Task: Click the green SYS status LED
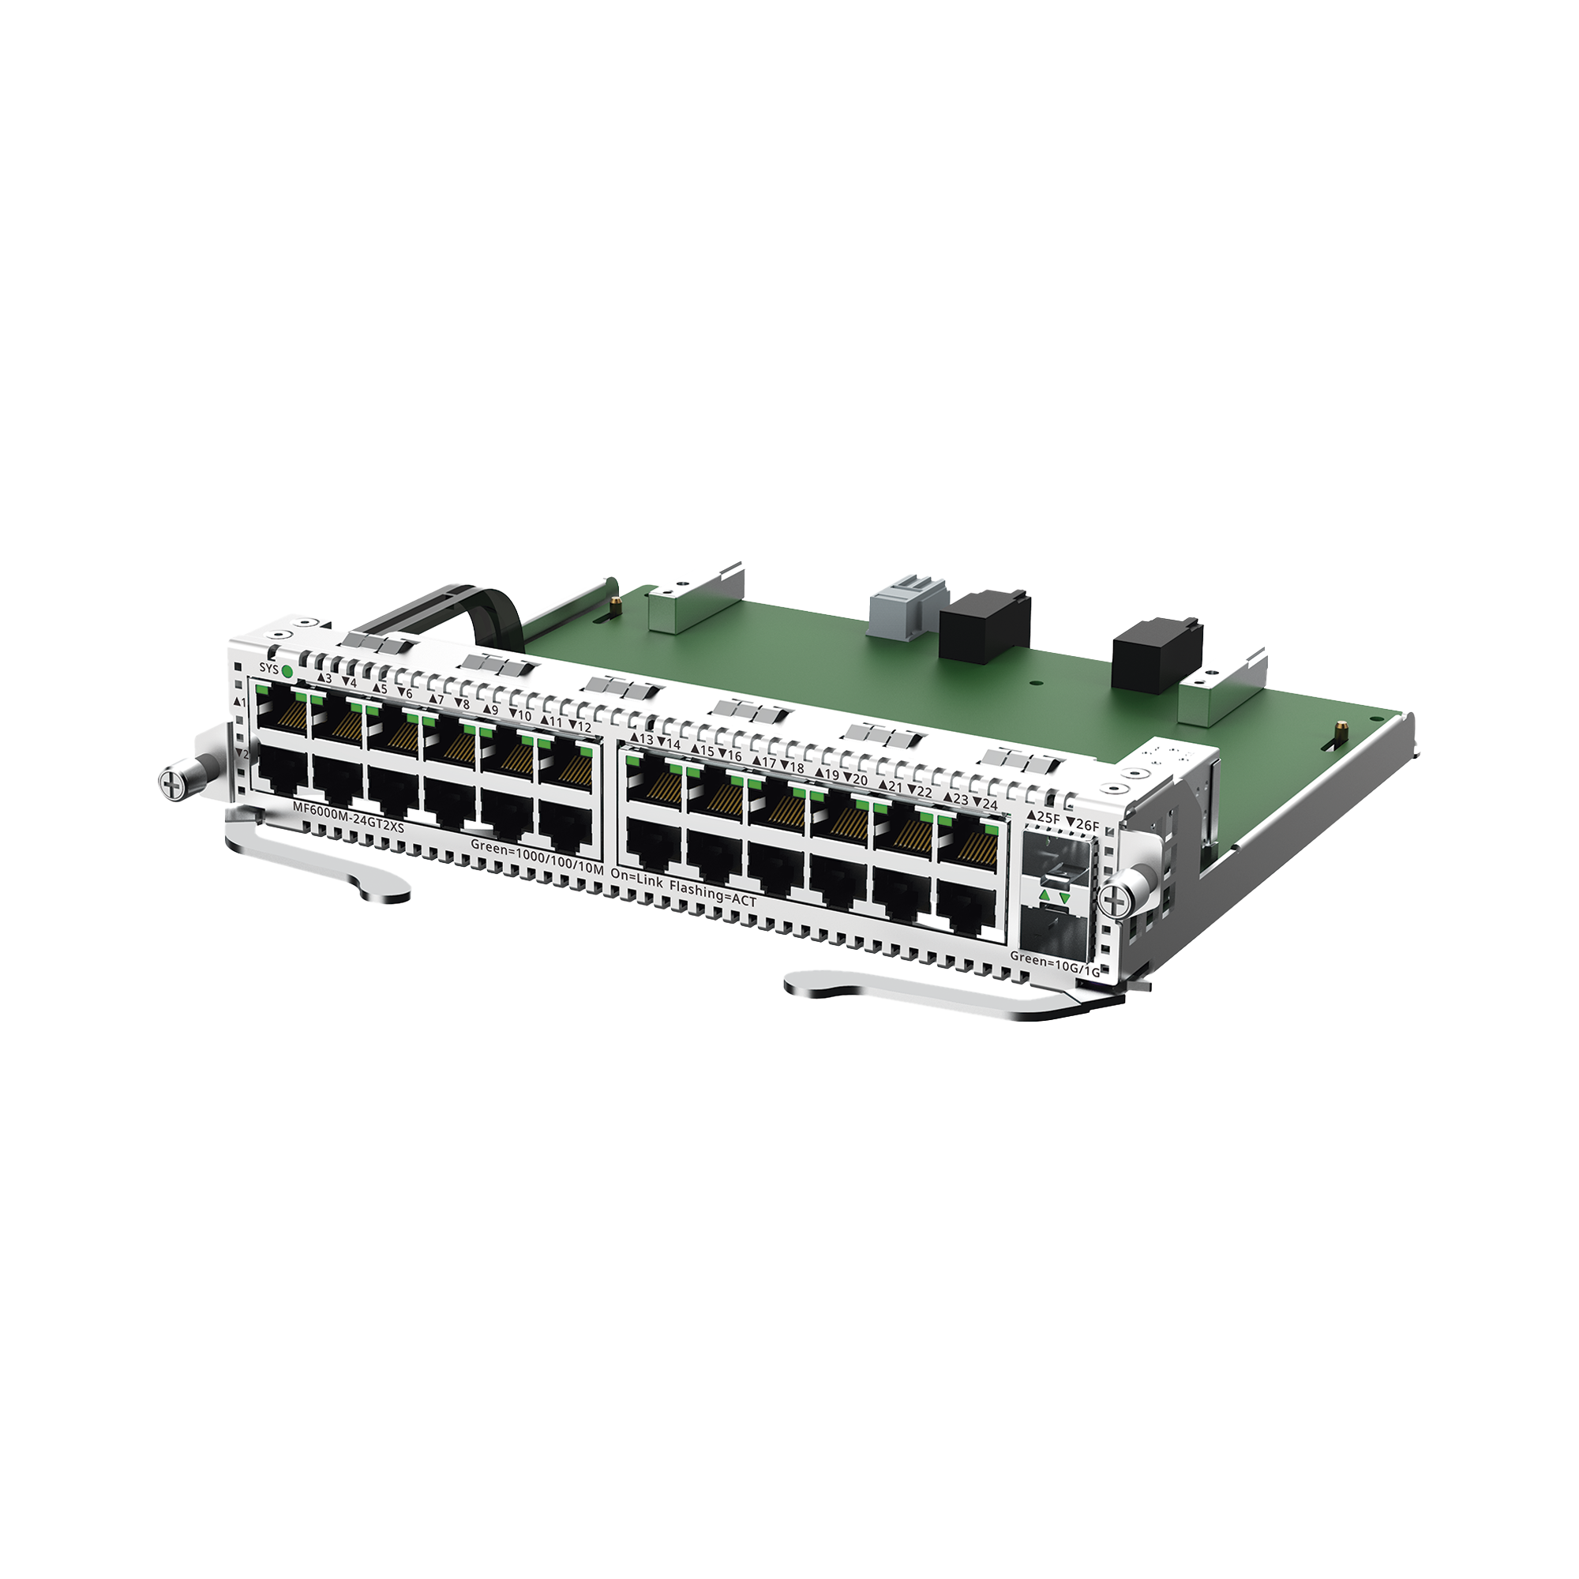click(x=287, y=671)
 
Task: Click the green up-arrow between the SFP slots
click(x=1044, y=898)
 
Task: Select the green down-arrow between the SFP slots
click(x=1064, y=900)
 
